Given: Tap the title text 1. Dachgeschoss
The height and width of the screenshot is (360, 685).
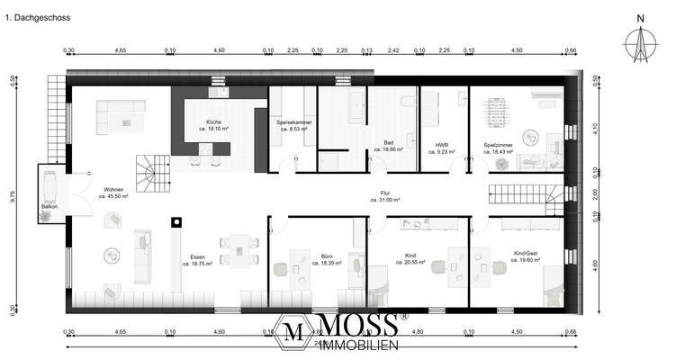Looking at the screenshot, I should [x=38, y=17].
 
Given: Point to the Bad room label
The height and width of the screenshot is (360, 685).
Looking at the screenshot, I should [x=389, y=142].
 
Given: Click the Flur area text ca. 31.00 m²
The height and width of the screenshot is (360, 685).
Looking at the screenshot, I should [x=384, y=200].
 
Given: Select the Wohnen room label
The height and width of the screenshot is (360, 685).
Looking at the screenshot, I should [x=113, y=190].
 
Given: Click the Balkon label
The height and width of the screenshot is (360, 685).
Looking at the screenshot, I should [x=50, y=205].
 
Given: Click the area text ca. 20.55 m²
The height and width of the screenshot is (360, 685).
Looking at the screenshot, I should [x=410, y=262].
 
